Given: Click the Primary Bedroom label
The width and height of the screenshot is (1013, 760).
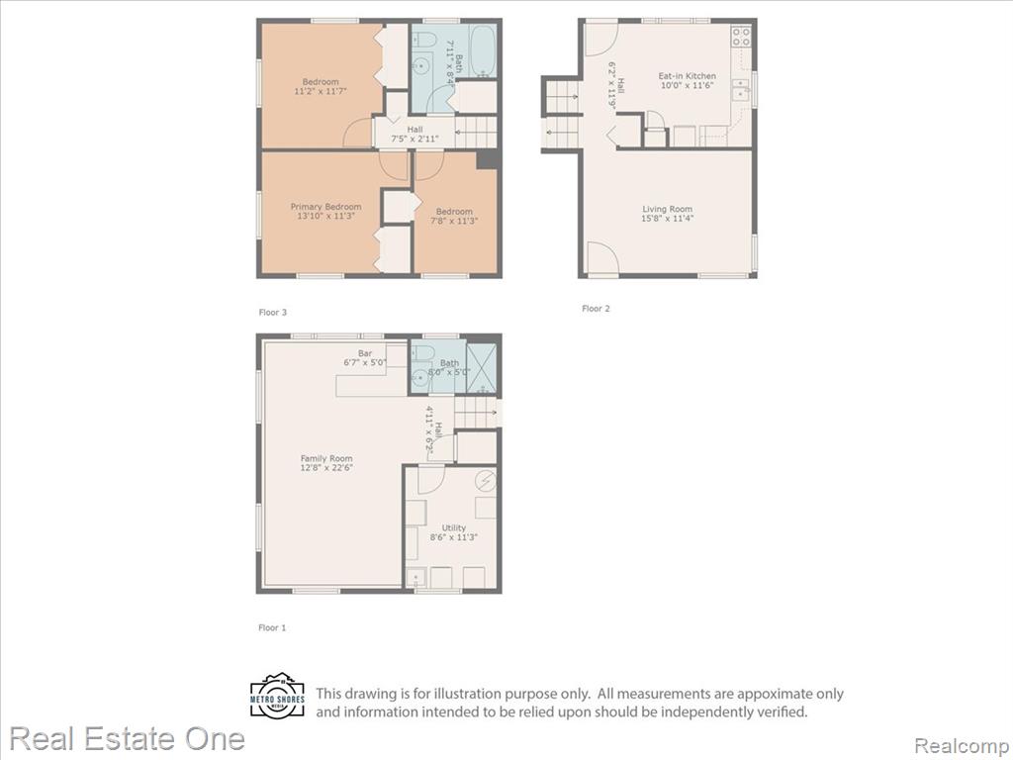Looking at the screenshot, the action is click(x=325, y=207).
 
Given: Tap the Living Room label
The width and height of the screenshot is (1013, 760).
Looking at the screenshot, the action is click(x=667, y=209).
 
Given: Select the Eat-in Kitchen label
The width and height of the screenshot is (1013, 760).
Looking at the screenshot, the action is click(x=687, y=75).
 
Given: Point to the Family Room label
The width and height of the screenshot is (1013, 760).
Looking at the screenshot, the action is click(x=326, y=458).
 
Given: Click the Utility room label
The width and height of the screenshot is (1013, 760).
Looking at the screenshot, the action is click(x=453, y=528).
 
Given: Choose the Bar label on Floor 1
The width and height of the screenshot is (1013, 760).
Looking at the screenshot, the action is click(x=365, y=353).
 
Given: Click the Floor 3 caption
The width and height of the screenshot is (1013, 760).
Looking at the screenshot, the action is click(x=273, y=312).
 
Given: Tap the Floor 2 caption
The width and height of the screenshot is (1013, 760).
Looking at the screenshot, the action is click(x=596, y=309).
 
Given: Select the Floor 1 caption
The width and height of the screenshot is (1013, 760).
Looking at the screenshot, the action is click(x=272, y=627).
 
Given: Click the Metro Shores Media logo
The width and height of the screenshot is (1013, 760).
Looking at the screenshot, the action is click(x=277, y=697).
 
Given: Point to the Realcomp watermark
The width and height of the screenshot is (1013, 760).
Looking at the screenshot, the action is click(x=963, y=745).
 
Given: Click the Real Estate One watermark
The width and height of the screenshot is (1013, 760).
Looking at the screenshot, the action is click(x=127, y=738).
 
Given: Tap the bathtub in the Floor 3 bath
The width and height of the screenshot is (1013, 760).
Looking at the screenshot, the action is click(x=483, y=51).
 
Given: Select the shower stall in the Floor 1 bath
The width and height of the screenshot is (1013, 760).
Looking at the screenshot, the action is click(x=482, y=369).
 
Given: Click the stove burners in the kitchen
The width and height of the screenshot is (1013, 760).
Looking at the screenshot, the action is click(x=741, y=37).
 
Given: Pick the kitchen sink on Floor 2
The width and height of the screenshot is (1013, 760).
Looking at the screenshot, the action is click(x=740, y=90).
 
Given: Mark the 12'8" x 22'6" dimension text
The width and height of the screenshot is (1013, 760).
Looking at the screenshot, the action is click(x=326, y=467).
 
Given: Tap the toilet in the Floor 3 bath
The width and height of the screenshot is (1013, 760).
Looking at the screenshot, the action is click(x=423, y=38).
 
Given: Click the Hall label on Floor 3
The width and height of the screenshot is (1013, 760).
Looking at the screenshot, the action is click(x=414, y=130).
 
